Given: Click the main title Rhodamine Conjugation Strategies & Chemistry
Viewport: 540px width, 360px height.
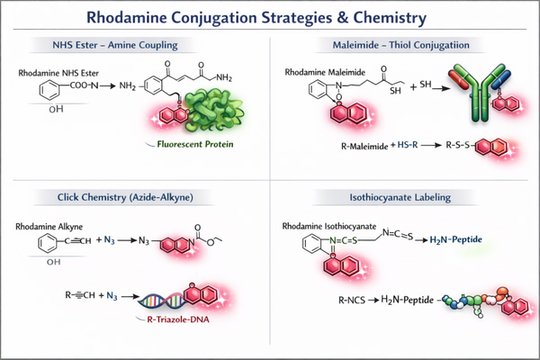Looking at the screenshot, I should pos(270,17).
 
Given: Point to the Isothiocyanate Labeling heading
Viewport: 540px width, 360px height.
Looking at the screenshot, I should pos(406,196).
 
